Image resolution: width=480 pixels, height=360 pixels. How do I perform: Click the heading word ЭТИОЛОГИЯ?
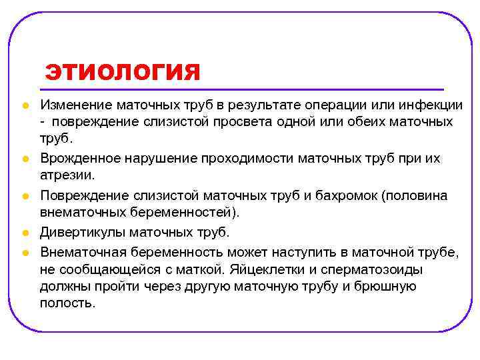123,71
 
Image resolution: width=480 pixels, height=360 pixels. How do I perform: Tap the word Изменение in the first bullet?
75,106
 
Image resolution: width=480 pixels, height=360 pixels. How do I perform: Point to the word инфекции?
431,106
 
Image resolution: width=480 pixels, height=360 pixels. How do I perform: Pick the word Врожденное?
79,159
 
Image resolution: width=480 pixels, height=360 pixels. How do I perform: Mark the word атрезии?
66,175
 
